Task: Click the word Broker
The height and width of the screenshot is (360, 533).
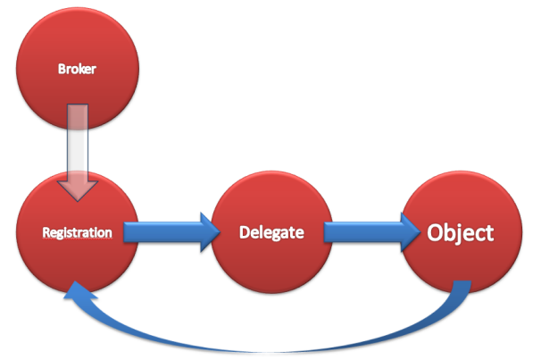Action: pos(77,69)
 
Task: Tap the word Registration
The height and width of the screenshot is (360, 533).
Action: pos(77,233)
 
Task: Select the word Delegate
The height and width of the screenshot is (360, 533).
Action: pos(271,233)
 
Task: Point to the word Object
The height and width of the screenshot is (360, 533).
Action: pos(461,233)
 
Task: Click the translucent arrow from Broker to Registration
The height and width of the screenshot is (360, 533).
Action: pos(78,153)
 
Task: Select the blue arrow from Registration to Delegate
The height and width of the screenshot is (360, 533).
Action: pos(171,232)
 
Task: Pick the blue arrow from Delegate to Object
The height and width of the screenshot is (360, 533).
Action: pos(372,232)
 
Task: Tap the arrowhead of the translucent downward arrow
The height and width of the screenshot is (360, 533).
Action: pos(78,190)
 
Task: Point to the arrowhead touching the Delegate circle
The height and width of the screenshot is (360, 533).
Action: pos(211,232)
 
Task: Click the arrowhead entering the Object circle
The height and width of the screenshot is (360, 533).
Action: pos(411,232)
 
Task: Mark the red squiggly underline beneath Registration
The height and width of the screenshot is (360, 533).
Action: pos(77,240)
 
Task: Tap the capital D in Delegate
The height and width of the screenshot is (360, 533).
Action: pos(245,232)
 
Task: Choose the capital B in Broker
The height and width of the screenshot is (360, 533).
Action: pos(62,69)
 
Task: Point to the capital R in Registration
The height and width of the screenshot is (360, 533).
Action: pos(46,232)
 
